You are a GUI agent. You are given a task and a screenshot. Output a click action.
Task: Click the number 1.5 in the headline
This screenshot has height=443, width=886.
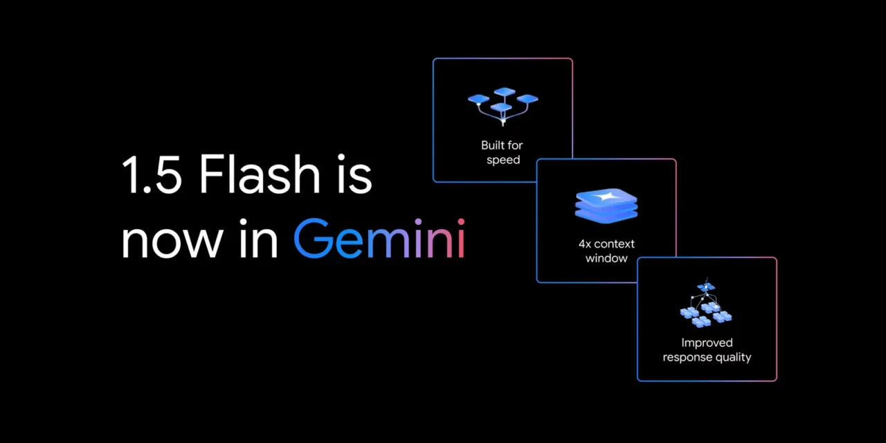[152, 174]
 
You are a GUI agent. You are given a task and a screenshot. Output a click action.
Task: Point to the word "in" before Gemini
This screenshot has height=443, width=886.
[258, 238]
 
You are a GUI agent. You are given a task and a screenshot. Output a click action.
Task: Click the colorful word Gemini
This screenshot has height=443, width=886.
[379, 237]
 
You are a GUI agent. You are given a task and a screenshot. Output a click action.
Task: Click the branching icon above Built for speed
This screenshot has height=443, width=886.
[503, 107]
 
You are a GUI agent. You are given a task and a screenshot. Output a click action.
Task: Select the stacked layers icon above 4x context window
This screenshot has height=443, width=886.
[606, 206]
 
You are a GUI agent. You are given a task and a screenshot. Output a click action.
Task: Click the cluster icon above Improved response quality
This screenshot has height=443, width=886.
[706, 304]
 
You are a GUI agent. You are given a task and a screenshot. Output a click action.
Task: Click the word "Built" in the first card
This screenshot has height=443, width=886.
[492, 145]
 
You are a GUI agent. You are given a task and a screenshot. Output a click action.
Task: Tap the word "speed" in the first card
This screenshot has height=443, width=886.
[503, 160]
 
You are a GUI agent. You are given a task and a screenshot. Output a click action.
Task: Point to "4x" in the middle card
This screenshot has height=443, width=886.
[585, 244]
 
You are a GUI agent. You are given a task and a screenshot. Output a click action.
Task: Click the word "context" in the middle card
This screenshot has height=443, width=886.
[615, 244]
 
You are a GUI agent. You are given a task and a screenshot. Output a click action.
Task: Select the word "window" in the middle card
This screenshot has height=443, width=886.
[606, 258]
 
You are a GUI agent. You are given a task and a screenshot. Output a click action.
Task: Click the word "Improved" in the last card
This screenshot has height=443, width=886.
[707, 343]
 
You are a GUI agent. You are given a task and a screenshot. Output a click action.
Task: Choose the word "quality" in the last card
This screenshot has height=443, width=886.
[732, 358]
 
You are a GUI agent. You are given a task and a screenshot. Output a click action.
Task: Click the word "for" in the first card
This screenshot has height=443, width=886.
[515, 145]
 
